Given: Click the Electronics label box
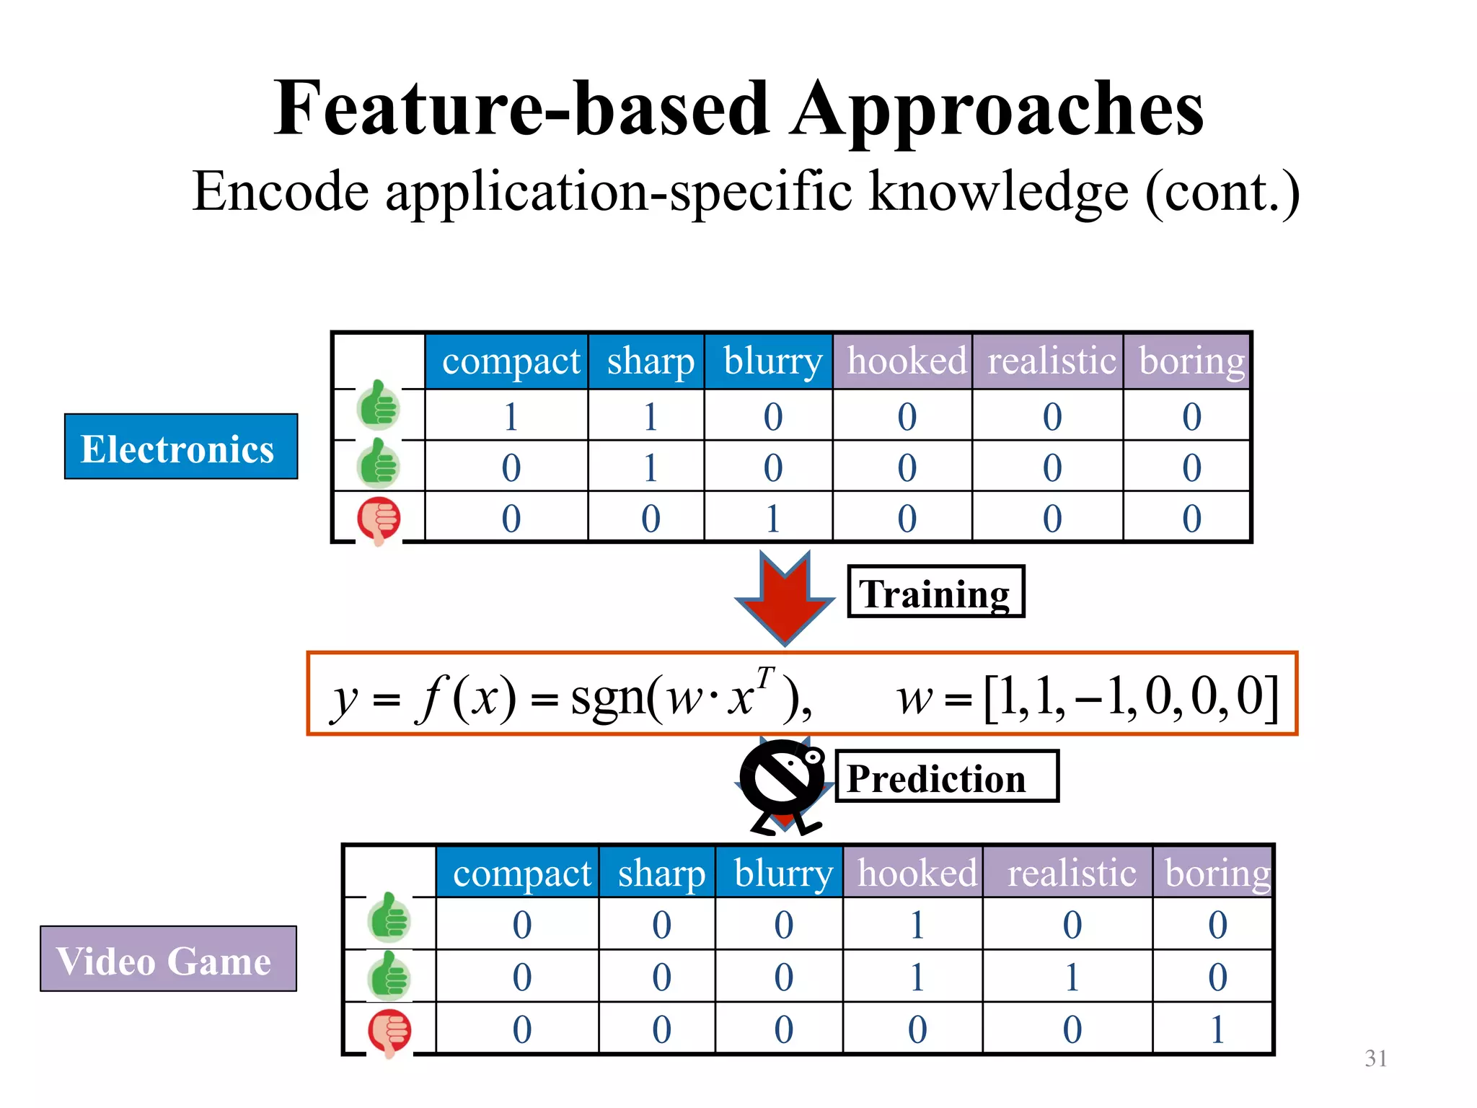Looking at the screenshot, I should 180,447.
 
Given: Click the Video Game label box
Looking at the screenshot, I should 168,959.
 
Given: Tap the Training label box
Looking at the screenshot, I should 935,592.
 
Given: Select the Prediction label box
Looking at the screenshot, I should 945,776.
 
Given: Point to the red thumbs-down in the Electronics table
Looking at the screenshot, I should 379,519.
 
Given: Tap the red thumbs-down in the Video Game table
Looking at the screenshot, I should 389,1032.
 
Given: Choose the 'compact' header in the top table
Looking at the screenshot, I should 510,361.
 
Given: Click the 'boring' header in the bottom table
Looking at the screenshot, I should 1217,874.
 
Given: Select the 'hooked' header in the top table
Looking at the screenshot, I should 906,361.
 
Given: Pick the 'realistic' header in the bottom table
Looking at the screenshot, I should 1071,874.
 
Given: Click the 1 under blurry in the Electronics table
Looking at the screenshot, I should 772,519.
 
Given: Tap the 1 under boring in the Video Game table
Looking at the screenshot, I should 1217,1029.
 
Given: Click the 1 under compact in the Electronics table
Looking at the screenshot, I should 511,417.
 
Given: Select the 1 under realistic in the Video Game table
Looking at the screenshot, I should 1072,977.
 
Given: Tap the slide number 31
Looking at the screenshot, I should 1375,1058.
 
